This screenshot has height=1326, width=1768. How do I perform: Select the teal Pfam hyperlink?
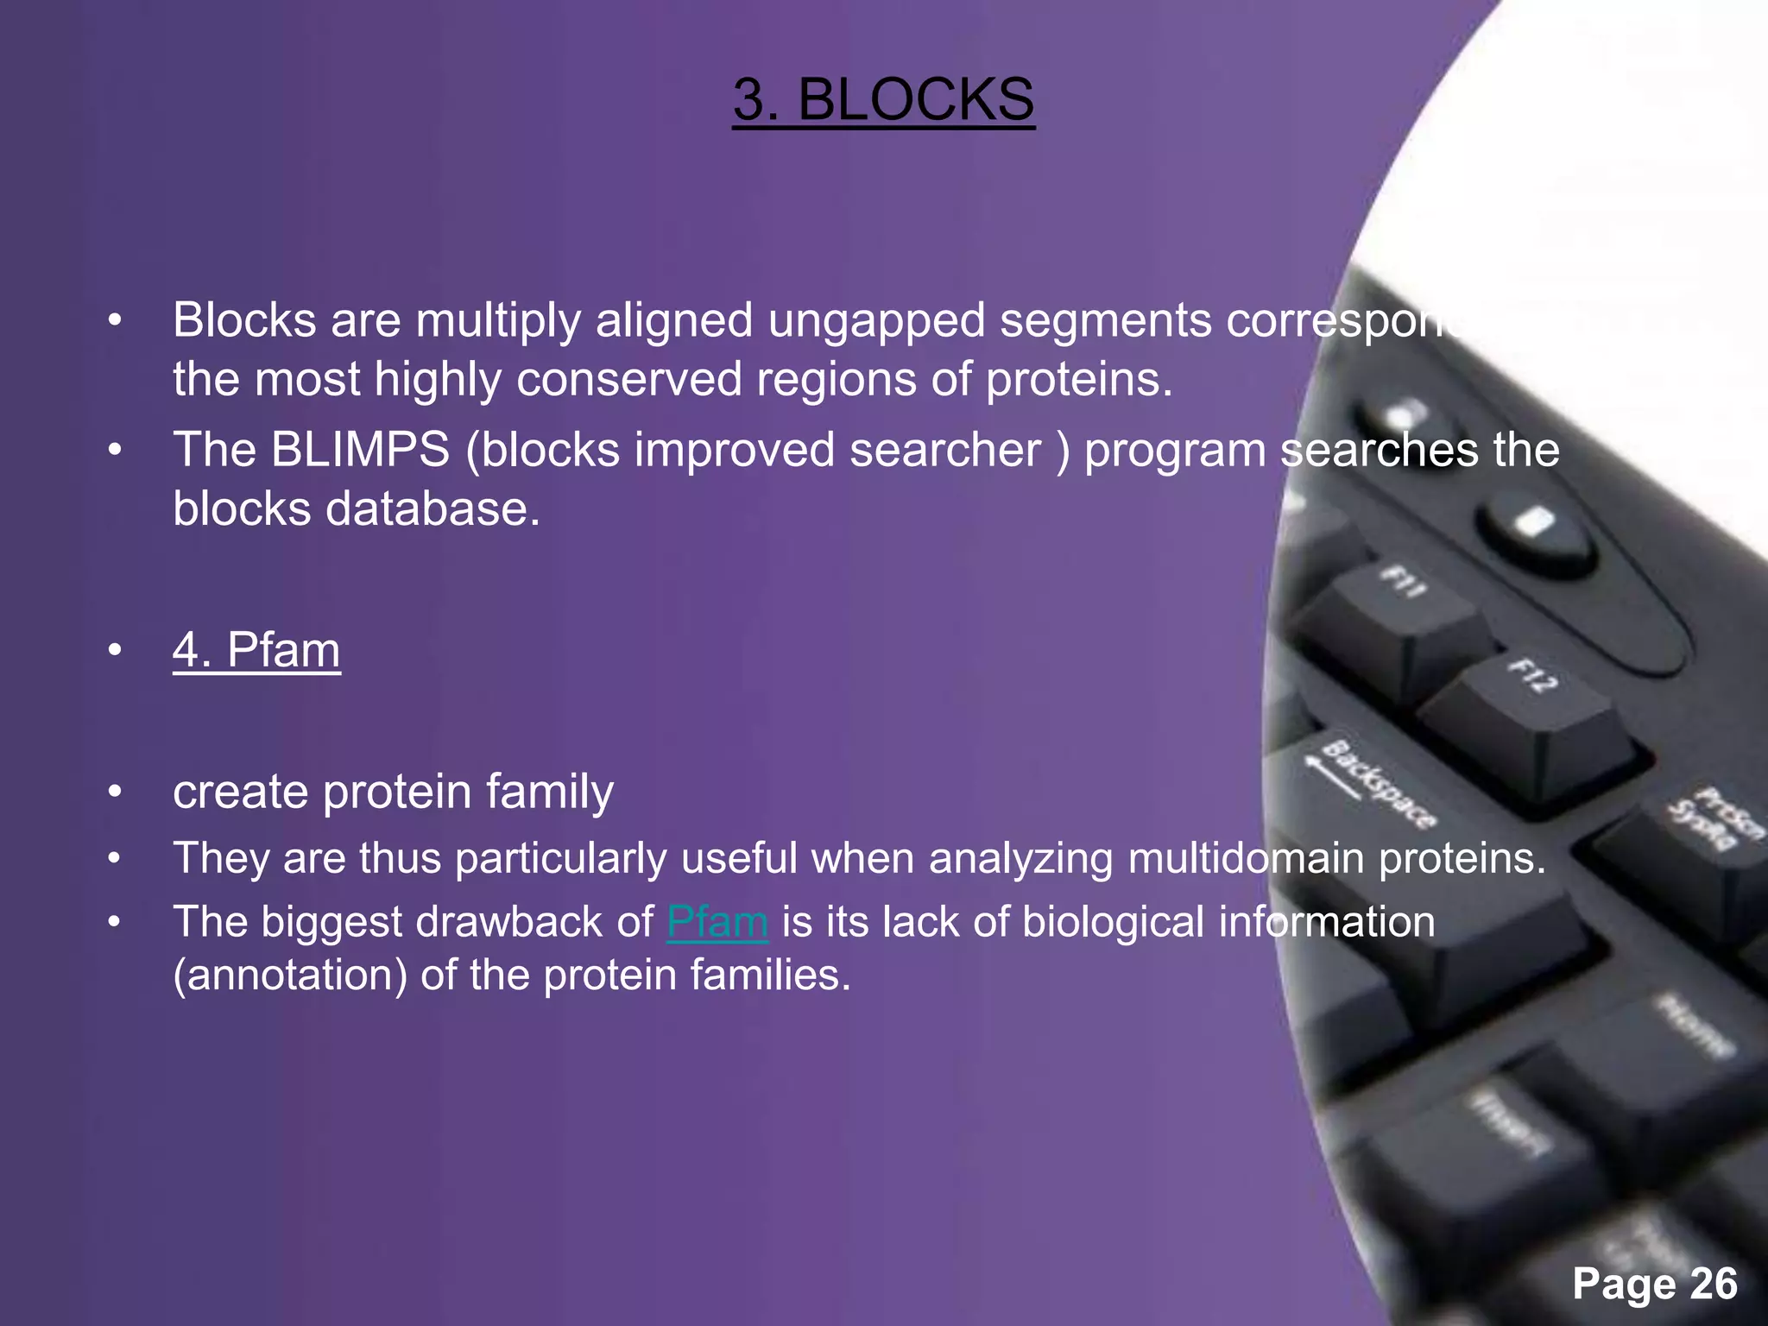pyautogui.click(x=717, y=921)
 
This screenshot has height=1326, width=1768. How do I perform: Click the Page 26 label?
pyautogui.click(x=1654, y=1284)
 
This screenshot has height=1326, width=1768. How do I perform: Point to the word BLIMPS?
pyautogui.click(x=360, y=450)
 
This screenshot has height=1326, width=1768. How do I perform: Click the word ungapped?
pyautogui.click(x=876, y=320)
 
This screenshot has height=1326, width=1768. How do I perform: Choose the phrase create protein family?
pyautogui.click(x=393, y=792)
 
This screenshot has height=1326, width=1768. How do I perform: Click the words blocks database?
pyautogui.click(x=356, y=509)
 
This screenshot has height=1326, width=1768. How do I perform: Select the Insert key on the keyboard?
pyautogui.click(x=1511, y=1122)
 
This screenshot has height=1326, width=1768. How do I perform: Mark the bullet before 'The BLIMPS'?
pyautogui.click(x=115, y=451)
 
